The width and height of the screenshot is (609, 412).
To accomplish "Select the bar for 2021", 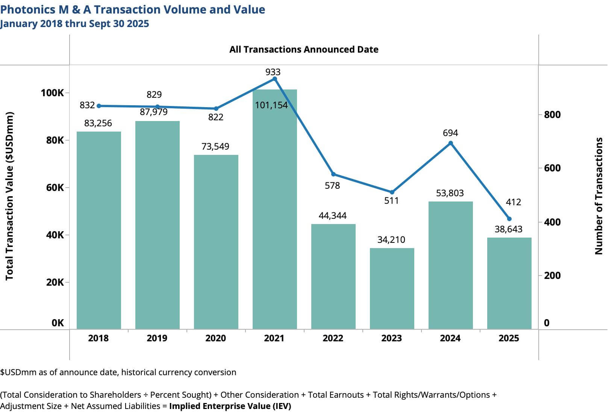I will pyautogui.click(x=274, y=211).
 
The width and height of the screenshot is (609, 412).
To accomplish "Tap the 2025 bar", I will pyautogui.click(x=509, y=283).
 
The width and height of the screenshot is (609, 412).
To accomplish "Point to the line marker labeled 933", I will pyautogui.click(x=275, y=79).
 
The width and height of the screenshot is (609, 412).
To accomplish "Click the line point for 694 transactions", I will pyautogui.click(x=451, y=143).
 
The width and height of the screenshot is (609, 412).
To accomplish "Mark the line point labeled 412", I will pyautogui.click(x=509, y=219).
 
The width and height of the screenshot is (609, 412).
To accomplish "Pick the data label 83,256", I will pyautogui.click(x=98, y=123).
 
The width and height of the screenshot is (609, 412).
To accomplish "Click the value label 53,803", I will pyautogui.click(x=450, y=193).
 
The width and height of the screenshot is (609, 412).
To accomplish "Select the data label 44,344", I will pyautogui.click(x=333, y=216).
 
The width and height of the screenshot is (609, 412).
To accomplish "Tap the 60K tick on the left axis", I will pyautogui.click(x=55, y=188).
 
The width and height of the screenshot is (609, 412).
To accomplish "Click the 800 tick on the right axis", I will pyautogui.click(x=552, y=115).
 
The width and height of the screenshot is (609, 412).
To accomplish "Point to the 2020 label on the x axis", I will pyautogui.click(x=216, y=338).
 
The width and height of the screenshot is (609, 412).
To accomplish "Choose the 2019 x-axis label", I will pyautogui.click(x=157, y=338).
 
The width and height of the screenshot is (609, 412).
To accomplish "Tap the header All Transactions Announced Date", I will pyautogui.click(x=304, y=50).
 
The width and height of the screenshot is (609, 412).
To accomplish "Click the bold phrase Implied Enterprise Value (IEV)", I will pyautogui.click(x=230, y=406).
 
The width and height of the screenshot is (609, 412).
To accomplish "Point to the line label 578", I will pyautogui.click(x=332, y=186).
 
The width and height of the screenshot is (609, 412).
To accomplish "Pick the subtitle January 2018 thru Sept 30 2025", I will pyautogui.click(x=74, y=24).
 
